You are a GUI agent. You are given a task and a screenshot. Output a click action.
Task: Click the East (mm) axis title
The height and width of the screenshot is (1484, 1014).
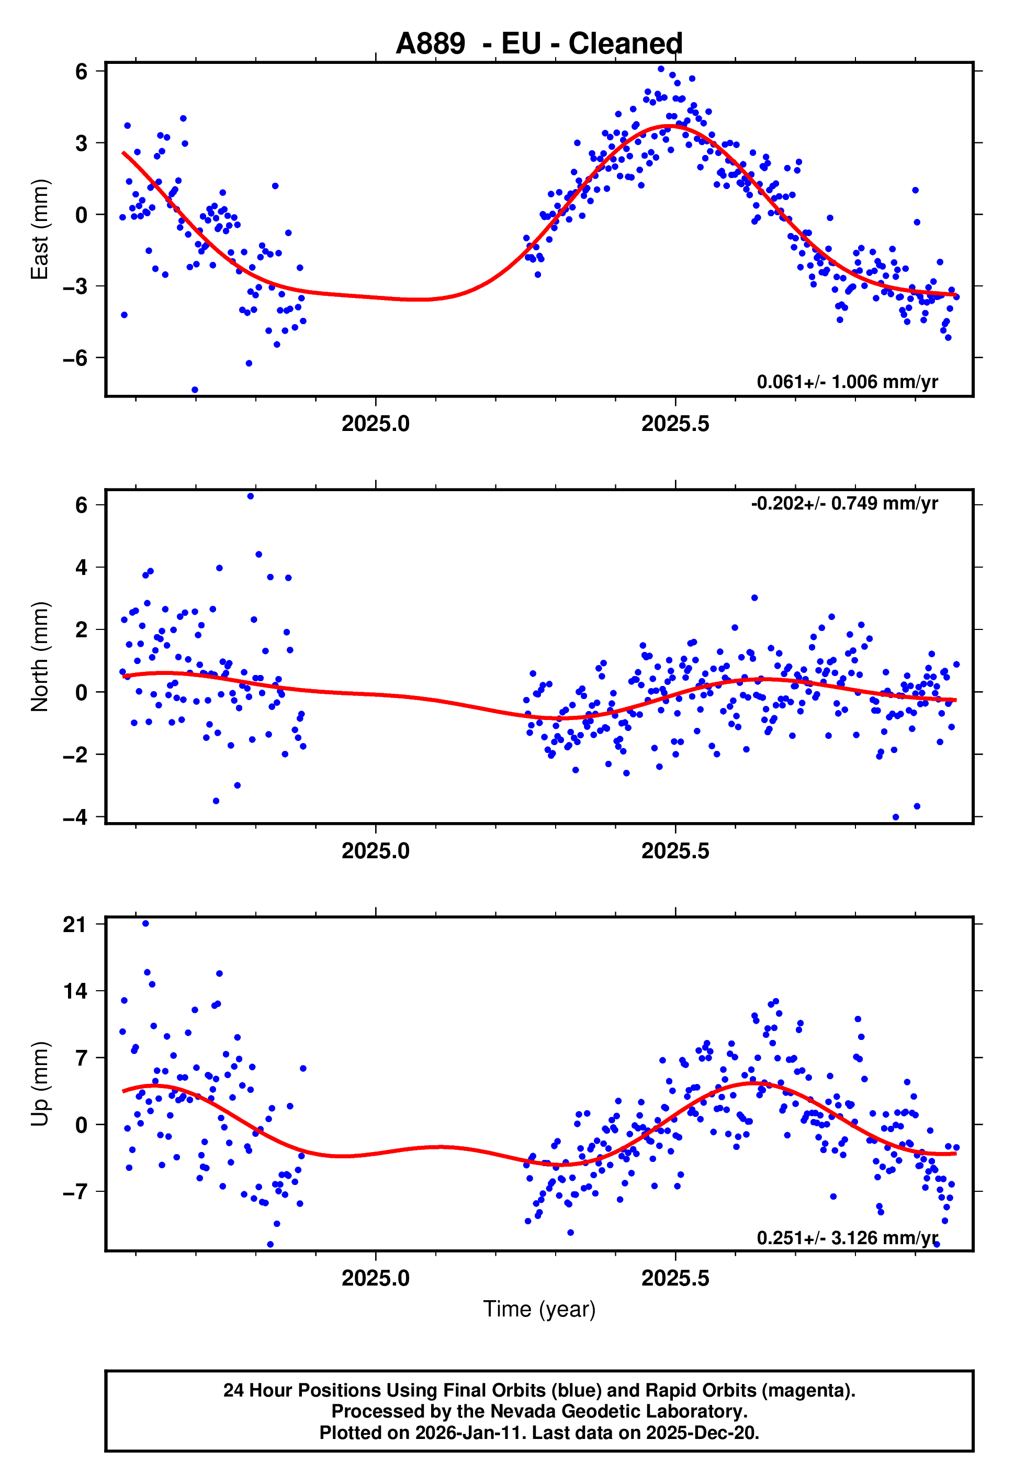(x=40, y=229)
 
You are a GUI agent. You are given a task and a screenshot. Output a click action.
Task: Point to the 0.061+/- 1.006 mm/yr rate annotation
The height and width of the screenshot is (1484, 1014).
(x=847, y=382)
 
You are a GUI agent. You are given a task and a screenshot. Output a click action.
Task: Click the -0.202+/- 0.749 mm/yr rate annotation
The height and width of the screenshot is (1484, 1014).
(x=843, y=503)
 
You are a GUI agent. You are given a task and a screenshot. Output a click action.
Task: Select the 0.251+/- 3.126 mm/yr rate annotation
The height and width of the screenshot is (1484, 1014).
(x=847, y=1237)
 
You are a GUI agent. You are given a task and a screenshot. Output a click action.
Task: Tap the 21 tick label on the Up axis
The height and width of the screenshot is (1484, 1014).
(x=75, y=925)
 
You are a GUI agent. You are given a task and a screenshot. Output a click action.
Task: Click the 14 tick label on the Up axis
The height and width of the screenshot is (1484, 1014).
(x=75, y=991)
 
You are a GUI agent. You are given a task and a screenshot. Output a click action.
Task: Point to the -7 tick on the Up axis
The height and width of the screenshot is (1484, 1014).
(x=75, y=1191)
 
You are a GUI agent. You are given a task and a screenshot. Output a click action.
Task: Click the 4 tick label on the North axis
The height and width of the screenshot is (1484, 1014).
(x=81, y=567)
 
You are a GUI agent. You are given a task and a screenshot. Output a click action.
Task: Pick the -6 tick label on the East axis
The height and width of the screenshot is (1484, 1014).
(x=75, y=358)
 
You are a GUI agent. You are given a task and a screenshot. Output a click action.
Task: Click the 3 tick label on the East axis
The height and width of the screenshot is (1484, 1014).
(x=81, y=143)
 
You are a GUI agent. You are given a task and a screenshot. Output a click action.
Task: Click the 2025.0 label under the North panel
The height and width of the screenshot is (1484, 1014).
(x=375, y=851)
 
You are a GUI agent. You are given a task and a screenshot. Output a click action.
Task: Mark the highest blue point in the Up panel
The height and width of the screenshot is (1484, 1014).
(x=145, y=923)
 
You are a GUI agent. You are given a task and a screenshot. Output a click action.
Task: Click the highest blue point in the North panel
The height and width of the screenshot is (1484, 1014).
(x=251, y=496)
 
